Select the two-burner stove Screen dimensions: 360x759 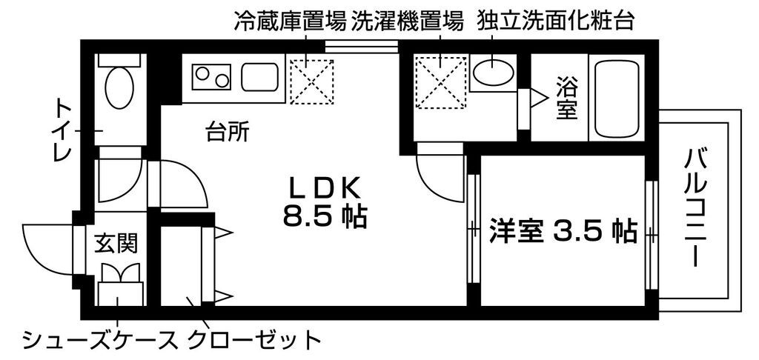212,76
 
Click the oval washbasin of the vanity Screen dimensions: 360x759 493,72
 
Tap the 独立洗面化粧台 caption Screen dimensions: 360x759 557,19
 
